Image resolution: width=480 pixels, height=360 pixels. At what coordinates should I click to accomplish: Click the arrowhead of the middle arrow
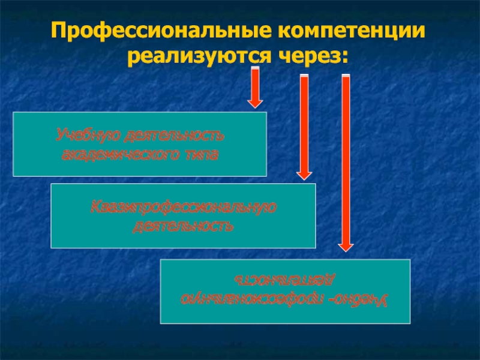[304, 174]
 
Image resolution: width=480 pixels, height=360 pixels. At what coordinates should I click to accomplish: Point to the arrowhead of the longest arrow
[345, 245]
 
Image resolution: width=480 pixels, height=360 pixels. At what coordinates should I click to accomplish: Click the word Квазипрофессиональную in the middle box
[183, 207]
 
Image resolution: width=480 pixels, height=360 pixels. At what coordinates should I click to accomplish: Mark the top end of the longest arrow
[345, 77]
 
